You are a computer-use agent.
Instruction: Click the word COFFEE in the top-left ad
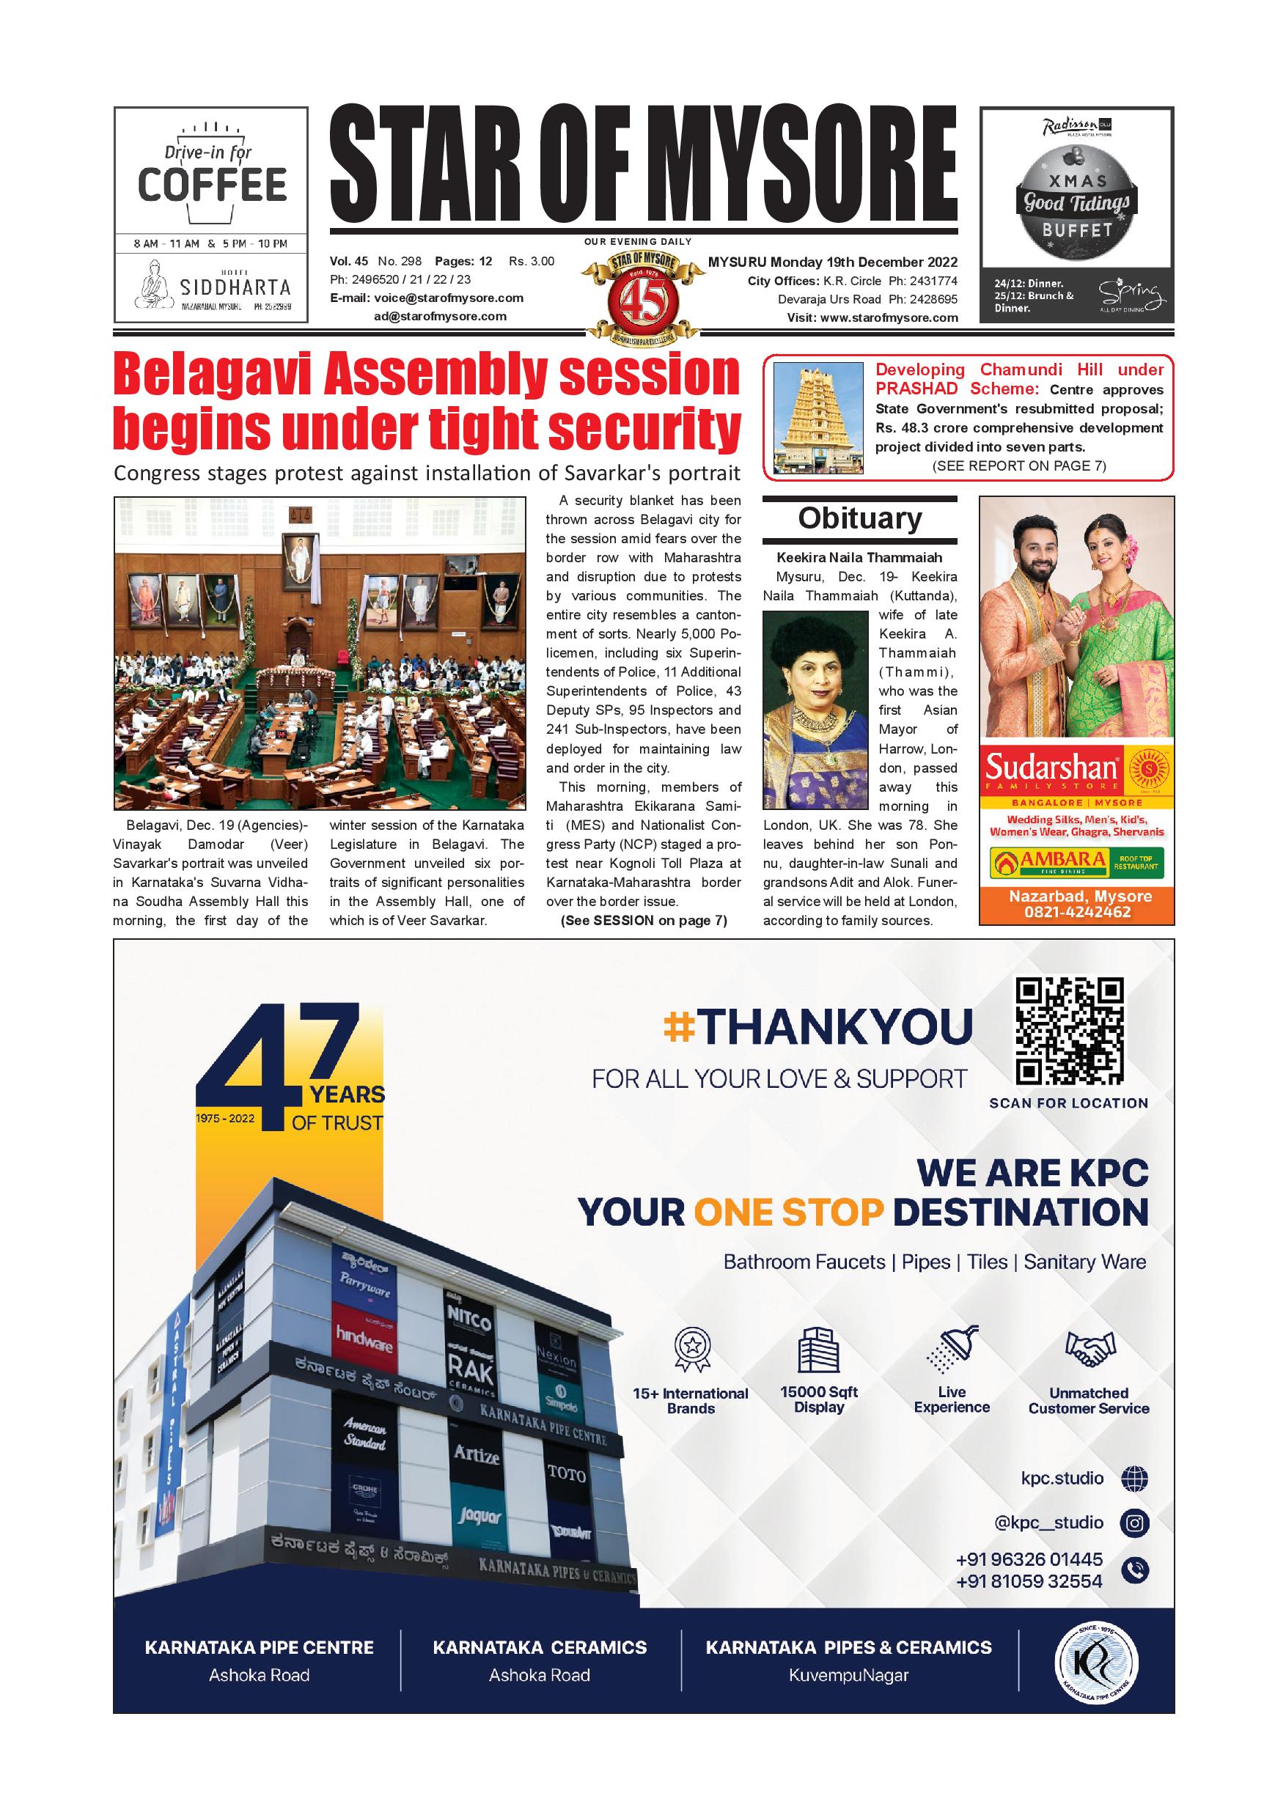[212, 185]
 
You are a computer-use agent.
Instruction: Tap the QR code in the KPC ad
[1070, 1031]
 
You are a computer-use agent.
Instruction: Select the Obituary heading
[860, 518]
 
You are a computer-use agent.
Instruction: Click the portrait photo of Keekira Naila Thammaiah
[815, 710]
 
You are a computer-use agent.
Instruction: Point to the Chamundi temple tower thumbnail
[818, 418]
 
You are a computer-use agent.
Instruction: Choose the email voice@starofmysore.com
[448, 298]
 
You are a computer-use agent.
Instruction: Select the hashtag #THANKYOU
[818, 1027]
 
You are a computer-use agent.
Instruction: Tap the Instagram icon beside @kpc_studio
[1135, 1522]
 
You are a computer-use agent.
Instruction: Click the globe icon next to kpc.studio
[1135, 1478]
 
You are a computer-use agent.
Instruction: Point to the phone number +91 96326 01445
[1029, 1559]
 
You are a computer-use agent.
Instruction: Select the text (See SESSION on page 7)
[644, 920]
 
